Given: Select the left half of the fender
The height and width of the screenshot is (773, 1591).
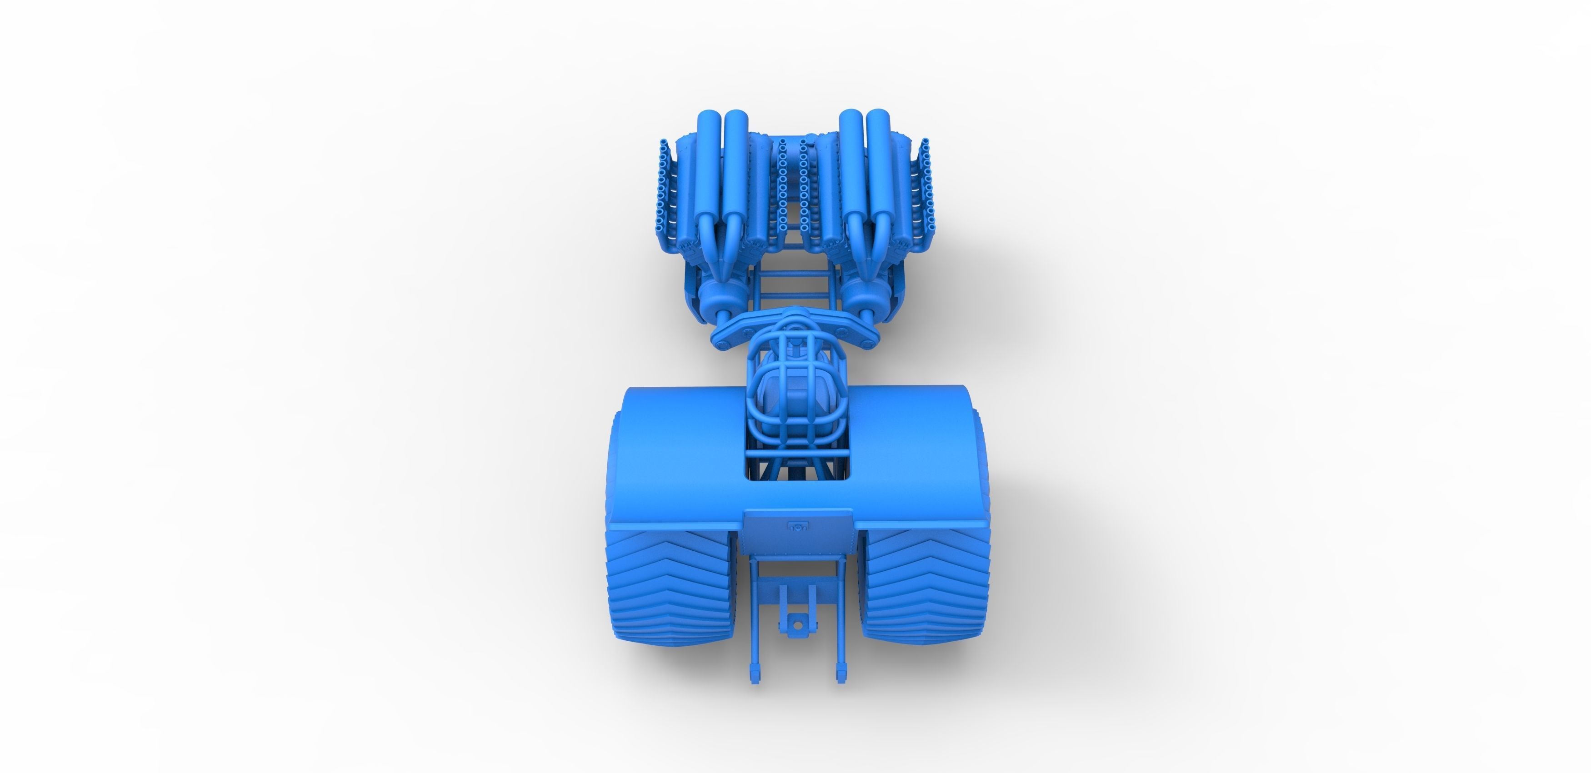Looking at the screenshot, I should pos(680,451).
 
